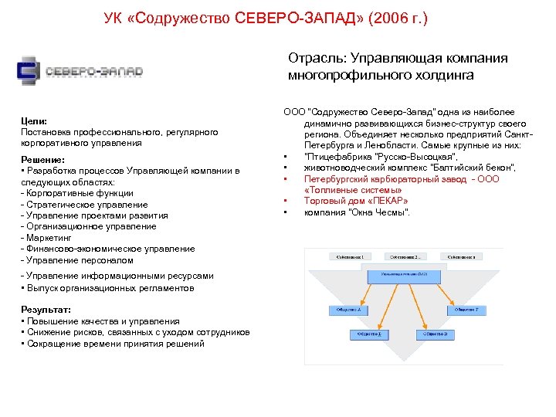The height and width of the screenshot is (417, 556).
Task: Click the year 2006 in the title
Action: [400, 17]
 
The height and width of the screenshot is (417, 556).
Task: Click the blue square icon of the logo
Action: [29, 71]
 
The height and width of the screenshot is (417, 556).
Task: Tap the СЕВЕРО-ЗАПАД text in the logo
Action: [93, 72]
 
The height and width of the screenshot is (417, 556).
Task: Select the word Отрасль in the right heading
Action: [316, 58]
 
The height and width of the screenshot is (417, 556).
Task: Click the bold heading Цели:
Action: [34, 121]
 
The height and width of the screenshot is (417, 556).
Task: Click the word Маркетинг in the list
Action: [53, 238]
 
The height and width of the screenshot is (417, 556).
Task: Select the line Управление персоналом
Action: [80, 260]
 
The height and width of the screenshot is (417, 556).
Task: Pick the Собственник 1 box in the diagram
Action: [348, 256]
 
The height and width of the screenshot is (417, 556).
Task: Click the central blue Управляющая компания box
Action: [406, 274]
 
